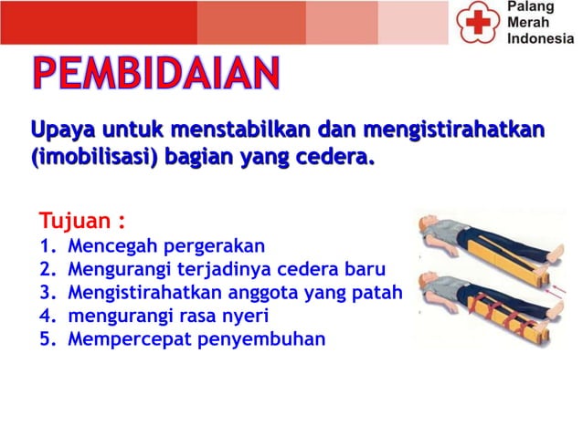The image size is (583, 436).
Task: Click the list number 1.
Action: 47,246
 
